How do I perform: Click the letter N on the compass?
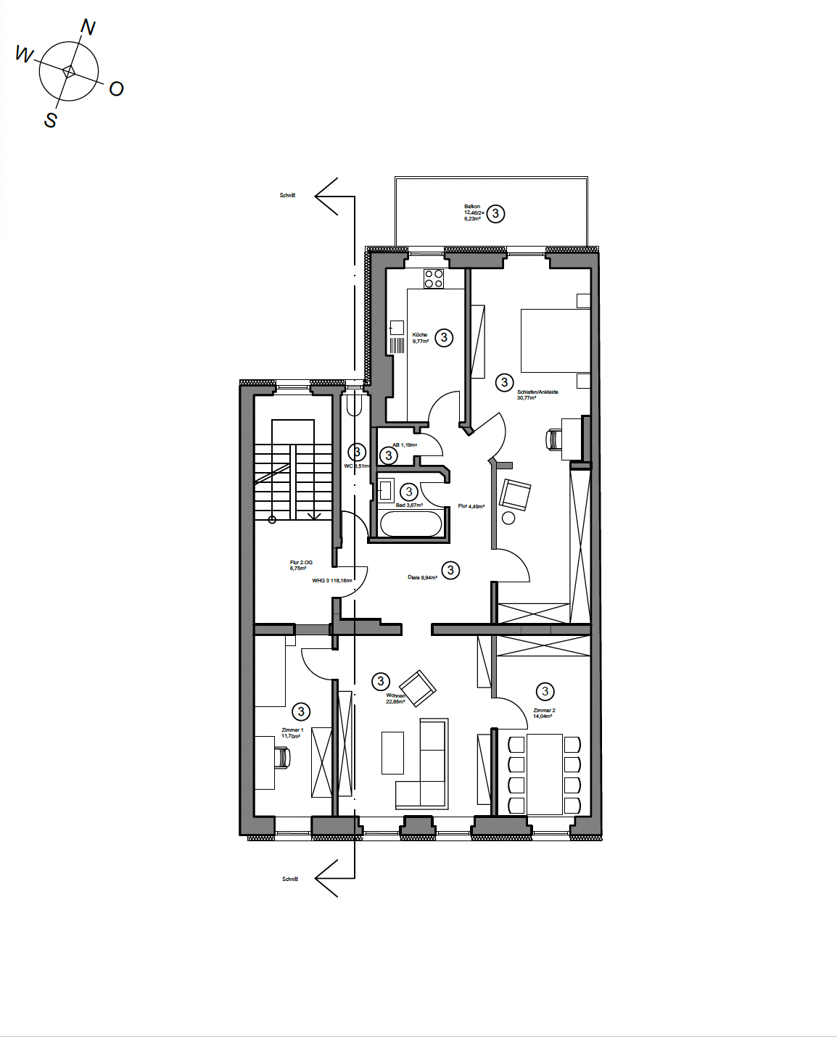click(x=88, y=28)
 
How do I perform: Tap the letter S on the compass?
click(x=50, y=120)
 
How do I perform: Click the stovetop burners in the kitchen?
click(x=434, y=278)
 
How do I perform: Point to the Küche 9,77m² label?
click(x=421, y=338)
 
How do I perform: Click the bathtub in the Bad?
click(x=411, y=524)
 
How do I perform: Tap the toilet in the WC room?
click(x=354, y=404)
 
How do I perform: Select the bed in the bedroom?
click(x=555, y=341)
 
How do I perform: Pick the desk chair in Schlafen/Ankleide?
click(x=554, y=439)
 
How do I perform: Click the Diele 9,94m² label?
click(x=422, y=577)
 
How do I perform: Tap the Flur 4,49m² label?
click(x=471, y=506)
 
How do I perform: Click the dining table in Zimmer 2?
click(x=544, y=774)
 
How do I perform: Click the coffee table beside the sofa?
click(x=392, y=753)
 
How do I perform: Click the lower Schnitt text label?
click(x=289, y=879)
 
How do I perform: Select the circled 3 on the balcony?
click(x=495, y=213)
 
